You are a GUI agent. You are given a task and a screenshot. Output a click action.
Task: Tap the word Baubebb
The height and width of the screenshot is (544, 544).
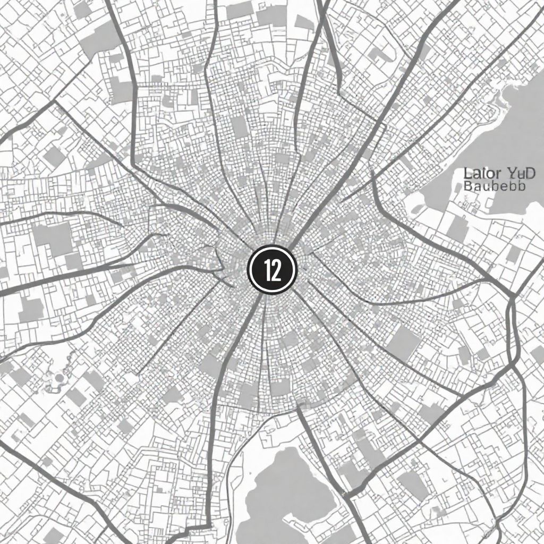[494, 186]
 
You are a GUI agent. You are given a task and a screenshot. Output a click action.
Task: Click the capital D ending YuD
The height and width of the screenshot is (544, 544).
[531, 174]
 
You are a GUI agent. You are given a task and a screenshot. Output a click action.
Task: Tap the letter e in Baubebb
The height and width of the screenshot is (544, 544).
[504, 187]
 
